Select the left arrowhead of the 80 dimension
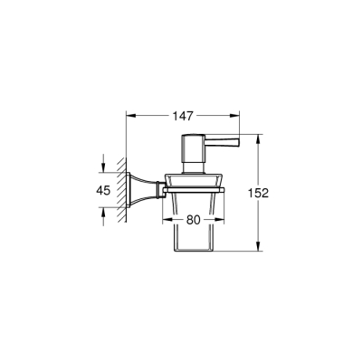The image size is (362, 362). click(165, 218)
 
